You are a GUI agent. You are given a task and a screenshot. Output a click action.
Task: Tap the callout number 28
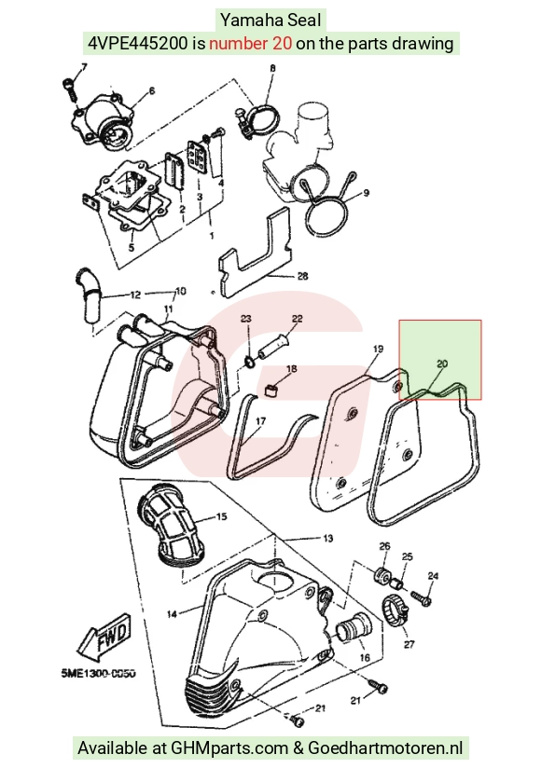[x=303, y=276]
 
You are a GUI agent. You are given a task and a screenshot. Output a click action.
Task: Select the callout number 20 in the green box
[x=442, y=363]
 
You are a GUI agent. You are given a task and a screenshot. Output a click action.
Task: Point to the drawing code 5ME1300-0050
[x=99, y=674]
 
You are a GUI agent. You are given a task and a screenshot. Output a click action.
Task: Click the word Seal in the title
[x=304, y=21]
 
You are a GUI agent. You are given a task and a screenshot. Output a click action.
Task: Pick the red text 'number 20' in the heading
[x=250, y=44]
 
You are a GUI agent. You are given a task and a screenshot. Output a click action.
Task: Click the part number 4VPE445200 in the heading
[x=138, y=44]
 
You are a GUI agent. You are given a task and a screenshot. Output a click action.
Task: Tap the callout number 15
[x=221, y=516]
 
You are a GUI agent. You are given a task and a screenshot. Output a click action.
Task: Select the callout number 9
[x=366, y=193]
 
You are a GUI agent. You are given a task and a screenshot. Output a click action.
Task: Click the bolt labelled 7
[x=70, y=89]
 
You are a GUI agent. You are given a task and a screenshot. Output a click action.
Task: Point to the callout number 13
[x=327, y=539]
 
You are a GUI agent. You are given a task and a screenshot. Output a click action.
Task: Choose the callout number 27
[x=409, y=645]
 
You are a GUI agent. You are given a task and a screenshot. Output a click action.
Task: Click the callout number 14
[x=172, y=613]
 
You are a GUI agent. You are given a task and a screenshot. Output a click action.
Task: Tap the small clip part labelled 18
[x=271, y=390]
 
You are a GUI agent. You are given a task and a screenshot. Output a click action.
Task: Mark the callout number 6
[x=151, y=90]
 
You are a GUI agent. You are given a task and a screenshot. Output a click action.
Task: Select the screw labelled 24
[x=421, y=597]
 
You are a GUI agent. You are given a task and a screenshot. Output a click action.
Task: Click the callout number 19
[x=378, y=350]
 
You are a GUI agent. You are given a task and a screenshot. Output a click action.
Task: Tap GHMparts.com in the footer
[x=229, y=747]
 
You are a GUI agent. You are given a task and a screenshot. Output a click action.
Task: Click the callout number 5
[x=131, y=248]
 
